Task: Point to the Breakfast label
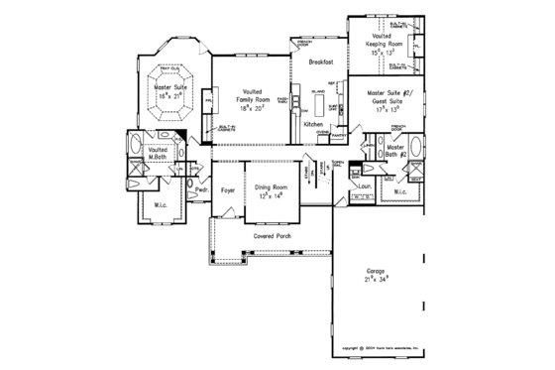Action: (320, 62)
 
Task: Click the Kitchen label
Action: (314, 125)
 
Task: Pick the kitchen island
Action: (319, 99)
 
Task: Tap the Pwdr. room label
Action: (201, 188)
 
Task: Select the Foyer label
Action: (227, 188)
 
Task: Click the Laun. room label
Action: (365, 185)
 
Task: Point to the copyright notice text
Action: (380, 348)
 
